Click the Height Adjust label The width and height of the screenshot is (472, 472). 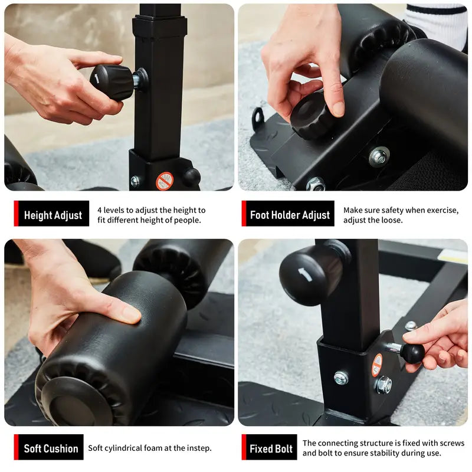tap(53, 215)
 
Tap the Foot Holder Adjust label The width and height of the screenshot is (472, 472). tap(289, 215)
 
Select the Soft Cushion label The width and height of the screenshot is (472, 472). tap(51, 448)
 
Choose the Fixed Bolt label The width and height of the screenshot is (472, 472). tap(271, 448)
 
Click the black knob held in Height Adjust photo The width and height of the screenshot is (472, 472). tap(112, 81)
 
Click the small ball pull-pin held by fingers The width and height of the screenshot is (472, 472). tap(412, 352)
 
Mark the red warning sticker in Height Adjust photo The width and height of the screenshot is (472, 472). tap(165, 181)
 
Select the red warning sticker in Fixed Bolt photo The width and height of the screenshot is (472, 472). tap(376, 365)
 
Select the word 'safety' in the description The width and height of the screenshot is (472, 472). tap(396, 210)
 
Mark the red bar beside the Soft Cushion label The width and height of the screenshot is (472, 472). tap(17, 448)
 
